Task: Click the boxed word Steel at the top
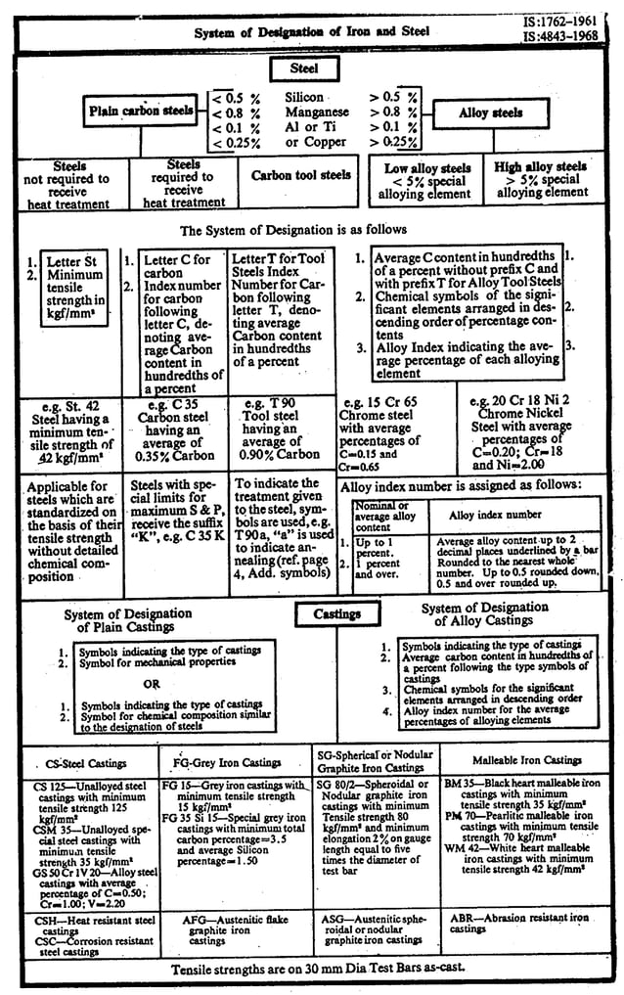click(303, 69)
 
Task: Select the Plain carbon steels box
click(142, 111)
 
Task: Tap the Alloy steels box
click(490, 113)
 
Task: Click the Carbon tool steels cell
click(300, 176)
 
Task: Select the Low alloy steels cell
click(427, 182)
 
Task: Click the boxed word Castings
click(335, 614)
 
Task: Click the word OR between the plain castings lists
click(151, 684)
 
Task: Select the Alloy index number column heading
click(495, 514)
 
